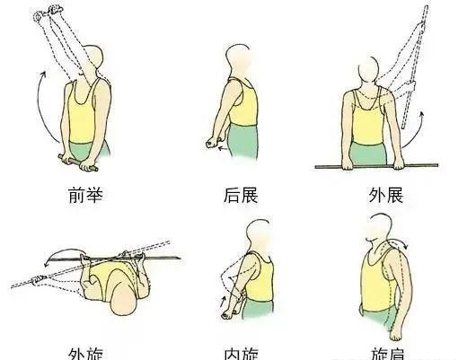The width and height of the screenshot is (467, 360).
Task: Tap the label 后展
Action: click(241, 193)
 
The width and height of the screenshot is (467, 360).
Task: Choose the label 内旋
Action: click(241, 352)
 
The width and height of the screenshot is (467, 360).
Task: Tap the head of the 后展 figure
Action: click(240, 61)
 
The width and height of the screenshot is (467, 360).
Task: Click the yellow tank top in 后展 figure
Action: click(242, 103)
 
